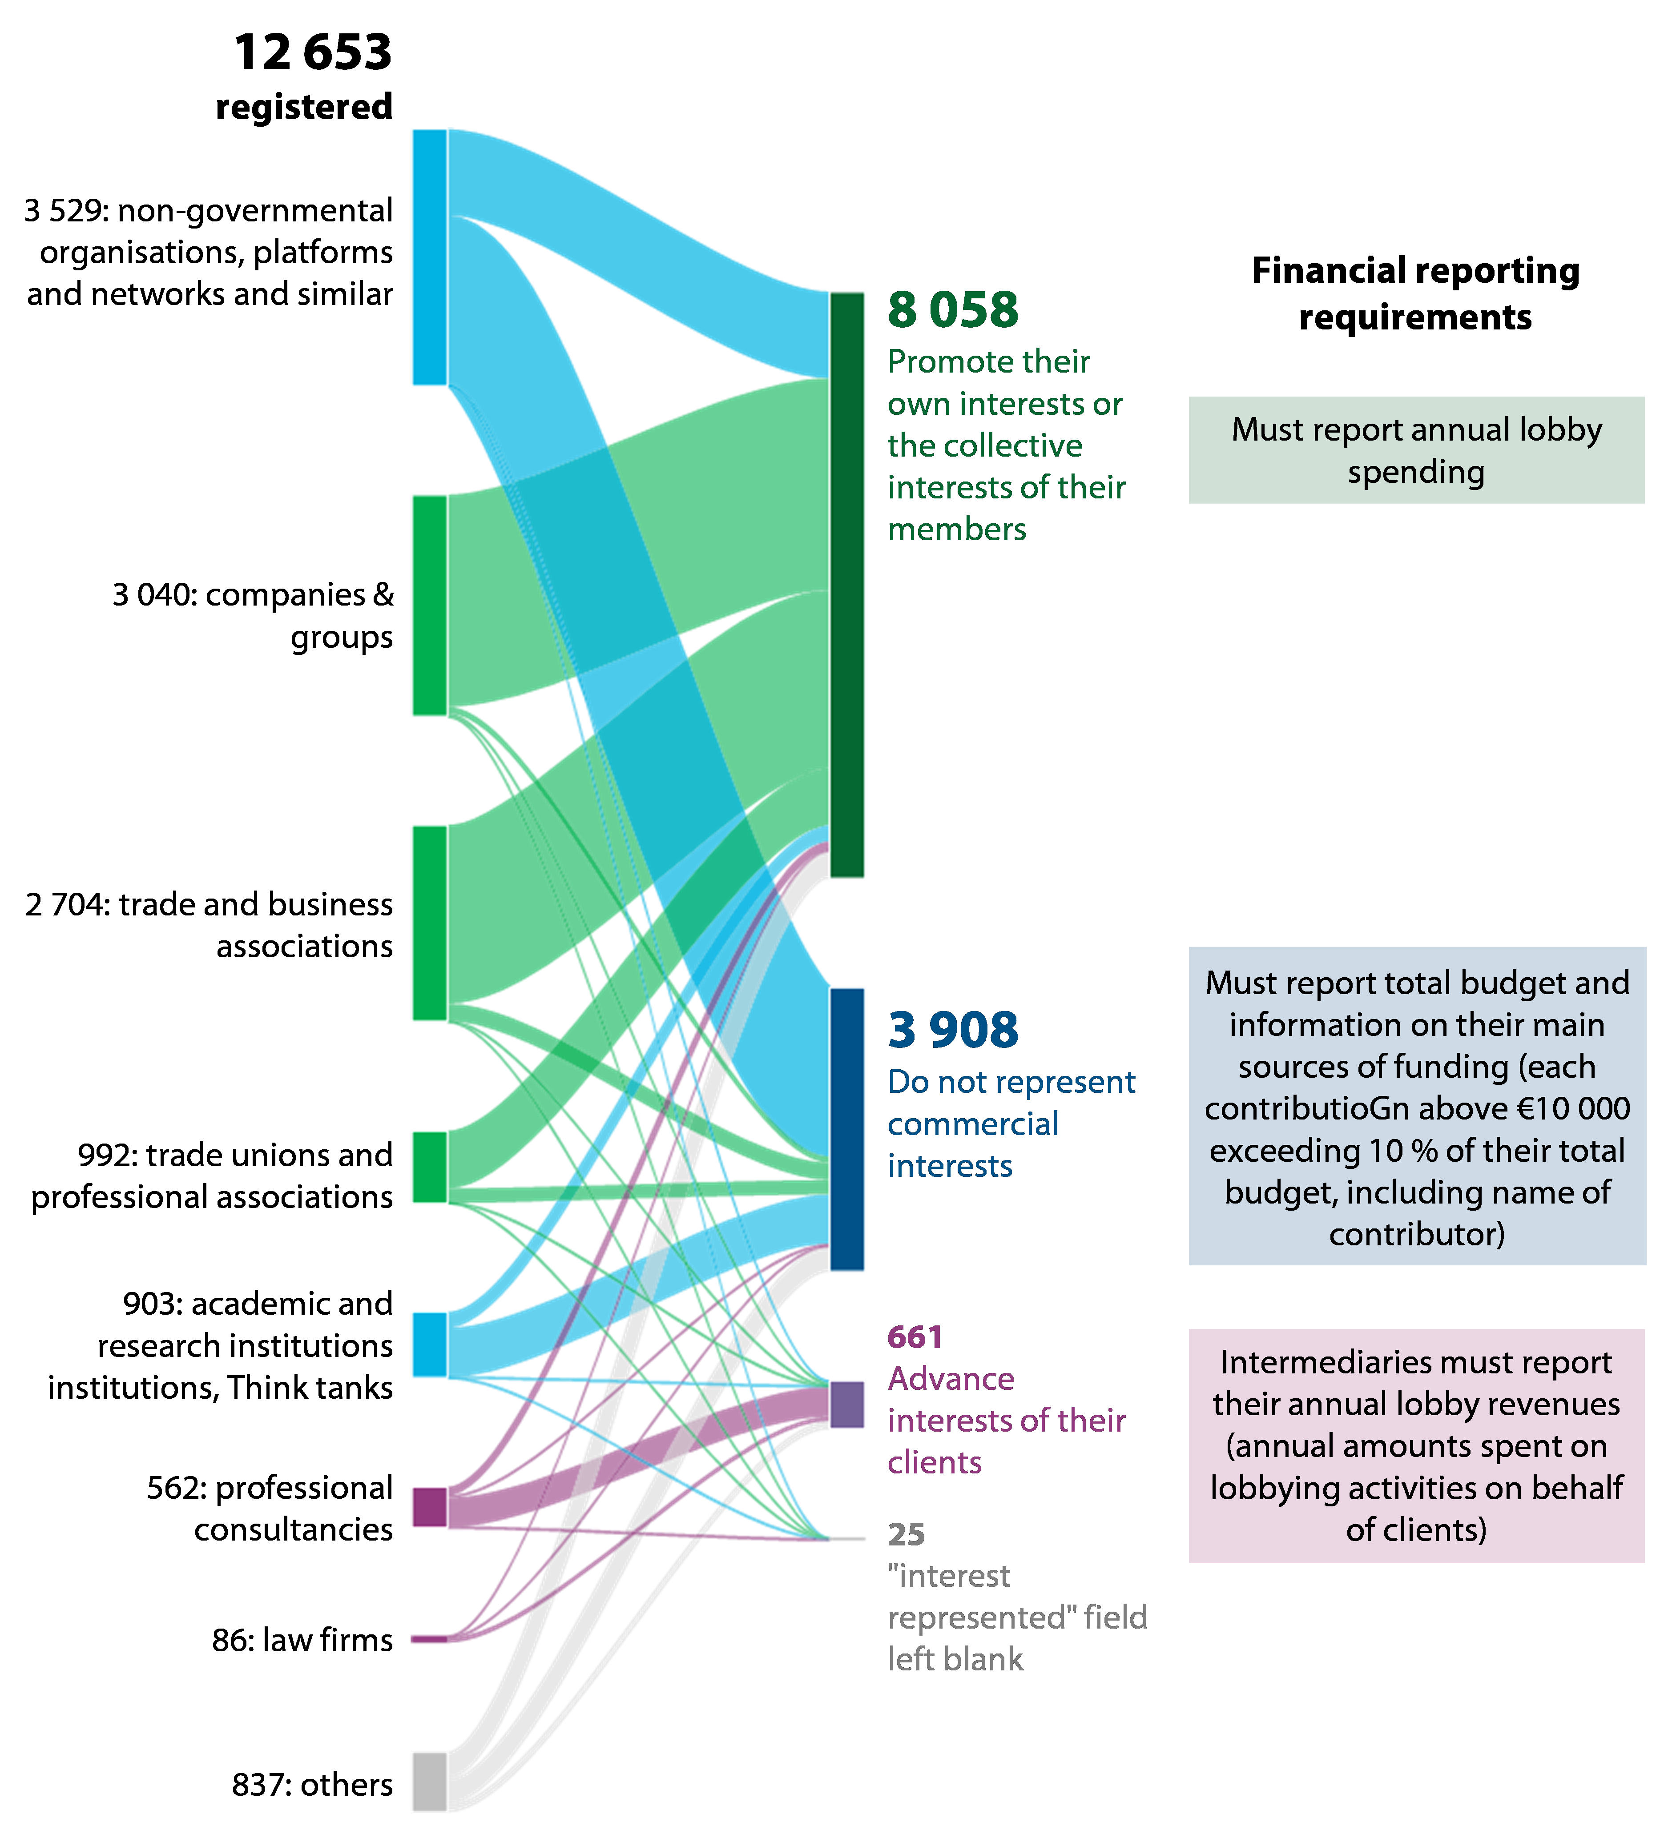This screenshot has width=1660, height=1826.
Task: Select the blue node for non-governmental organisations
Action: [x=430, y=258]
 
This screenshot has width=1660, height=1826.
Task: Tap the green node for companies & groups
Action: [x=430, y=605]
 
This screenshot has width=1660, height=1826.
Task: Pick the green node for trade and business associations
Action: [x=430, y=922]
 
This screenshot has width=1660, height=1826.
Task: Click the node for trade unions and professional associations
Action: [x=430, y=1167]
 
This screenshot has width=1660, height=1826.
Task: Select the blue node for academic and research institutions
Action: [x=430, y=1344]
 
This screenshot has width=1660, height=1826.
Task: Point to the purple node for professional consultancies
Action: [x=430, y=1506]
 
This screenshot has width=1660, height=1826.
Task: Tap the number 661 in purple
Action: [x=915, y=1337]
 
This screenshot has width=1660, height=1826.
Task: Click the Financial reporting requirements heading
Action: [x=1415, y=293]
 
